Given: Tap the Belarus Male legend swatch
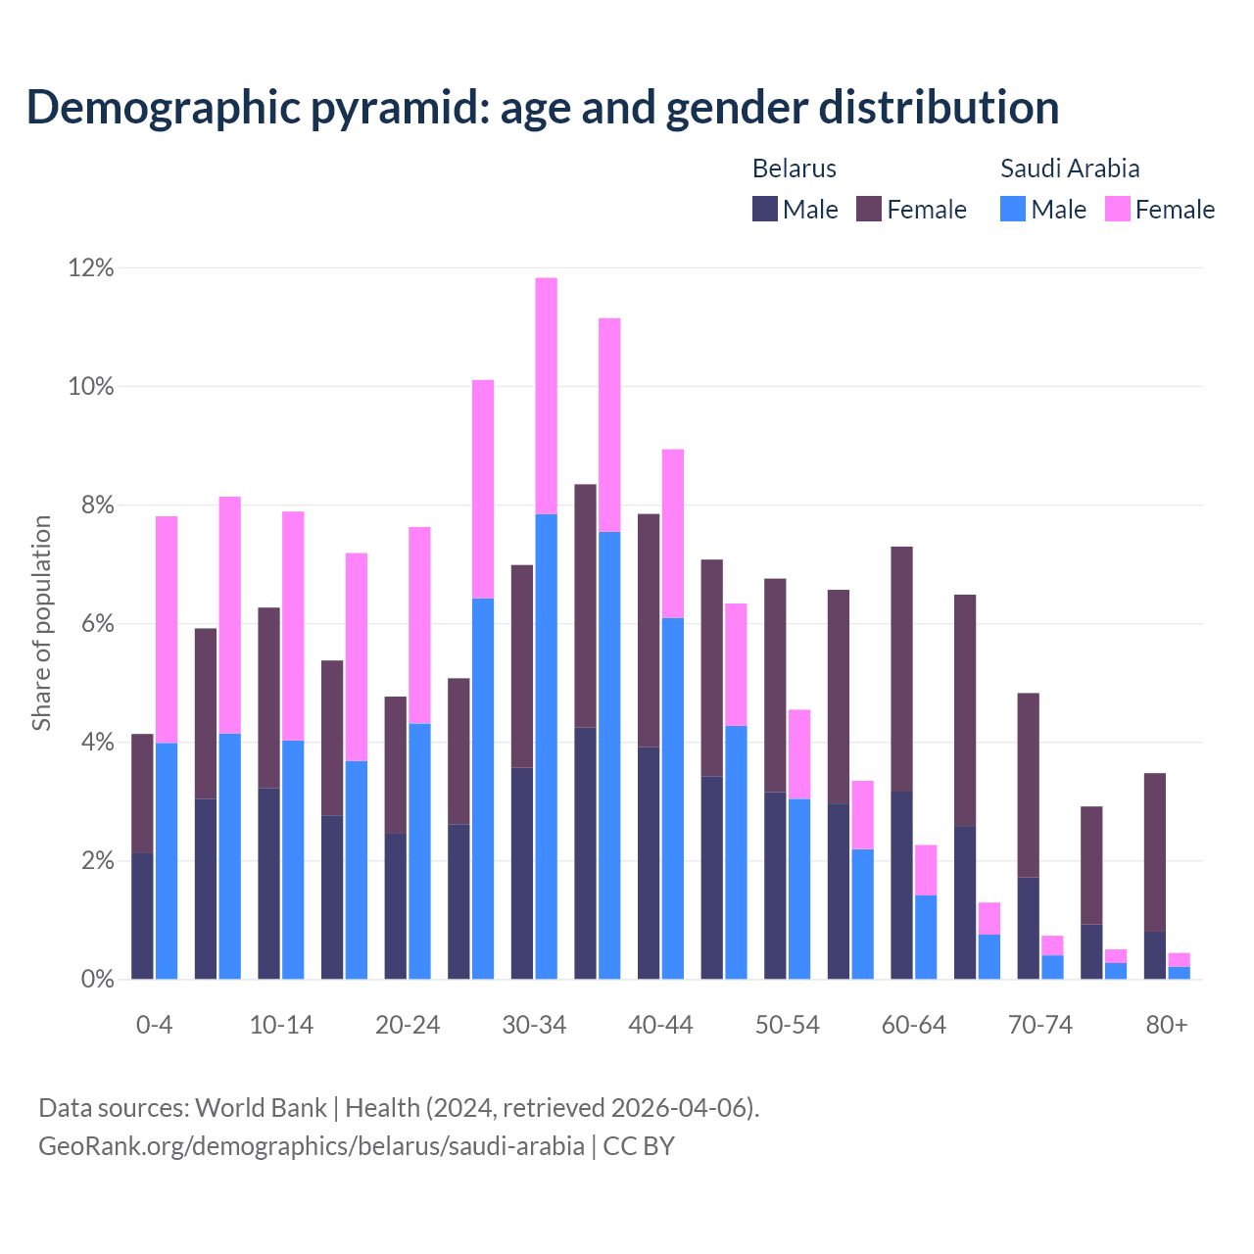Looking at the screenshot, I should click(765, 209).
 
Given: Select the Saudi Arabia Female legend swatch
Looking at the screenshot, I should click(1117, 209).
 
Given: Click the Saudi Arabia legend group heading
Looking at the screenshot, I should click(1070, 169).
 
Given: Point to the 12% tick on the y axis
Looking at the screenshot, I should click(91, 267).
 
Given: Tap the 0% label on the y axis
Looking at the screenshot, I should click(97, 979).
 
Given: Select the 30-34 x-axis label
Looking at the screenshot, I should click(534, 1026).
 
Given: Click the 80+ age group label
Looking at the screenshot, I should click(1167, 1026).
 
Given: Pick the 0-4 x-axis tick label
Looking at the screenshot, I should click(155, 1026).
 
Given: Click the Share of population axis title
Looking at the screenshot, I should click(41, 623).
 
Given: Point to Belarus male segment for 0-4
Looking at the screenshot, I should click(142, 916).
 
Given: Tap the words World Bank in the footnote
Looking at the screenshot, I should click(261, 1108).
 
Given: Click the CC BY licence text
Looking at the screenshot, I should click(639, 1146).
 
